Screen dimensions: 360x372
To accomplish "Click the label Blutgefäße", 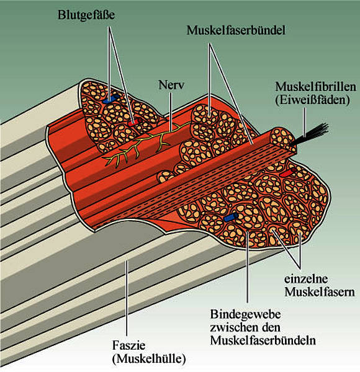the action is point(86,15).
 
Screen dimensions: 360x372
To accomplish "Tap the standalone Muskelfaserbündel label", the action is point(236,30).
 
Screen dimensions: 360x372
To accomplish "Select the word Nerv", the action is point(171,85).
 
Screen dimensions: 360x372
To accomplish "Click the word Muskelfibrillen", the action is point(315,87).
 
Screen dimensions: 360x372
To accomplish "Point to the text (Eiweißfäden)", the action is point(312,100).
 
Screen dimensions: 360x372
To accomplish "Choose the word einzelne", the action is point(306,279).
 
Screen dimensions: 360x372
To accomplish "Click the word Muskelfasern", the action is point(320,292).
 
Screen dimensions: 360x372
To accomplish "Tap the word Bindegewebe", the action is point(246,315).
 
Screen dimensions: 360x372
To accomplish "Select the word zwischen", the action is point(232,328).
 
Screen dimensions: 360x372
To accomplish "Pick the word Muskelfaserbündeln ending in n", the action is point(263,340).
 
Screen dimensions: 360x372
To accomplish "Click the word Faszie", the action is point(128,345).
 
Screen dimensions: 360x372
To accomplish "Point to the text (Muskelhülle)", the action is point(149,359).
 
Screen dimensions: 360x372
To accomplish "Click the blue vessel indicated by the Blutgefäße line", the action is point(111,99).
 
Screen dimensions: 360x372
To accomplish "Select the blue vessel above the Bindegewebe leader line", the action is point(231,218).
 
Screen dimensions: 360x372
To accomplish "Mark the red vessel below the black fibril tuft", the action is point(288,172).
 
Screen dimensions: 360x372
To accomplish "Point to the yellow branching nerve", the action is point(145,144).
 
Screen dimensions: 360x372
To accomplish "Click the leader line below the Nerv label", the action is point(171,112).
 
